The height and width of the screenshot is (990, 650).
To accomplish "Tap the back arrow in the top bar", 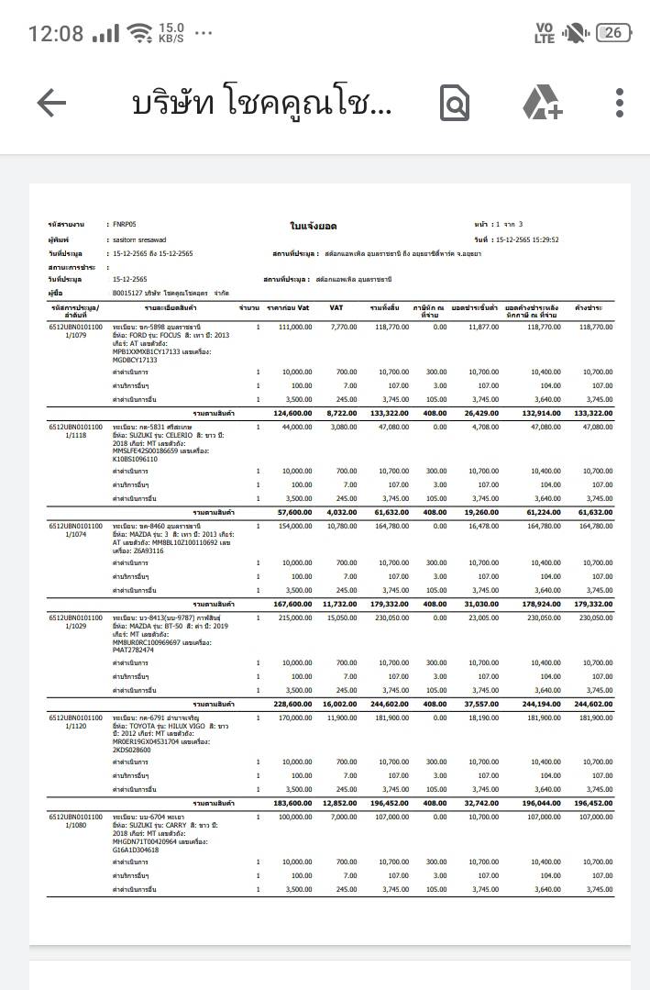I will pyautogui.click(x=51, y=103).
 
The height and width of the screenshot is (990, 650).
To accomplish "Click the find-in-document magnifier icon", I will pyautogui.click(x=455, y=103).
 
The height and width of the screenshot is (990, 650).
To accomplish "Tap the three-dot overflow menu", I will pyautogui.click(x=621, y=103).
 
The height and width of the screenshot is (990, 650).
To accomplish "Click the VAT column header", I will pyautogui.click(x=336, y=307).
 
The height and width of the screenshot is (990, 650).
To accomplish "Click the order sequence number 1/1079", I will pyautogui.click(x=77, y=335).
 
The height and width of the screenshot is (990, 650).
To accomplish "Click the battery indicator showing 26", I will pyautogui.click(x=612, y=33).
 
